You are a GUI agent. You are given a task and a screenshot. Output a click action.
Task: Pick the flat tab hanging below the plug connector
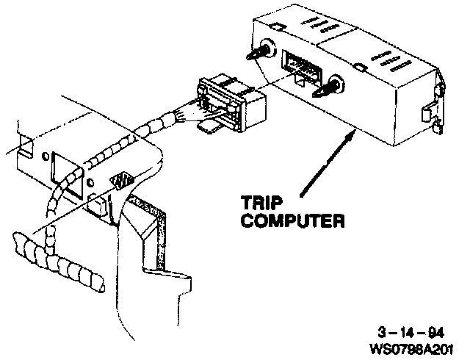(x=209, y=128)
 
